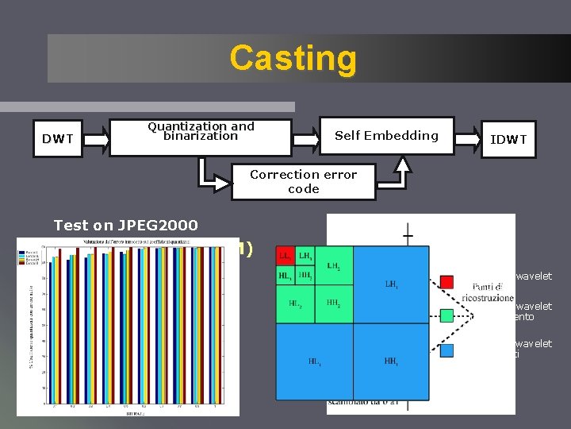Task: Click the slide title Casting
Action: click(x=293, y=58)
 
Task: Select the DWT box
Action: click(x=58, y=139)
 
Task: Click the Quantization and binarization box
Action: click(x=201, y=131)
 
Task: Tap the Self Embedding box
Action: click(x=386, y=136)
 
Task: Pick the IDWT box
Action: click(x=508, y=139)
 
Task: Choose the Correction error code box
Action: click(x=303, y=182)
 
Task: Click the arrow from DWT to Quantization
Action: click(x=95, y=139)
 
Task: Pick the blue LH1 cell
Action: click(x=392, y=284)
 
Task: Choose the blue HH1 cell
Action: click(x=392, y=361)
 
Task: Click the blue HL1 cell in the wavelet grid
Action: click(x=314, y=361)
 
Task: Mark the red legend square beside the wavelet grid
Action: click(x=446, y=282)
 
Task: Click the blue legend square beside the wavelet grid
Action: click(x=446, y=349)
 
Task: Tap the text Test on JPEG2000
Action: click(x=125, y=225)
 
